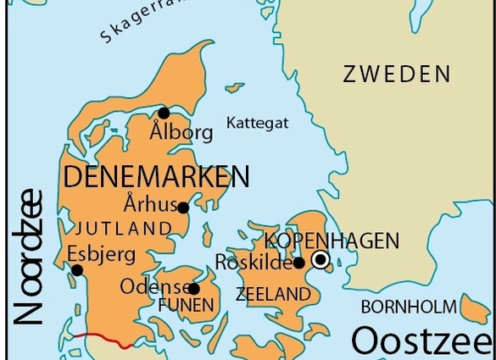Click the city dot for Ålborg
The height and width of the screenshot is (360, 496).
164,114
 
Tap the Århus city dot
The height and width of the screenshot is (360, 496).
183,207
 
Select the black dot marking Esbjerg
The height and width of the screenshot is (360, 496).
77,270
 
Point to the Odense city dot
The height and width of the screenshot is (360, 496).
194,289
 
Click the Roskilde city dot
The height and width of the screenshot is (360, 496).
298,263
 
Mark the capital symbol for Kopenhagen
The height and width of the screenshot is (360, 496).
320,259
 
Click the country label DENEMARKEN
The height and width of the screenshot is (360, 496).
156,177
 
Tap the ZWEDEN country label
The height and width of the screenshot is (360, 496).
397,75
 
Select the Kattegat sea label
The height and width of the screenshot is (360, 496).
257,124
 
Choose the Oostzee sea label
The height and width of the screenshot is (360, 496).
421,341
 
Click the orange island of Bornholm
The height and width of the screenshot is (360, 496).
474,309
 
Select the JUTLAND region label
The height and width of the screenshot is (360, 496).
124,229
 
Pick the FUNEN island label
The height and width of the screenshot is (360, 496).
186,305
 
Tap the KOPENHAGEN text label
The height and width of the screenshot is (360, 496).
332,241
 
